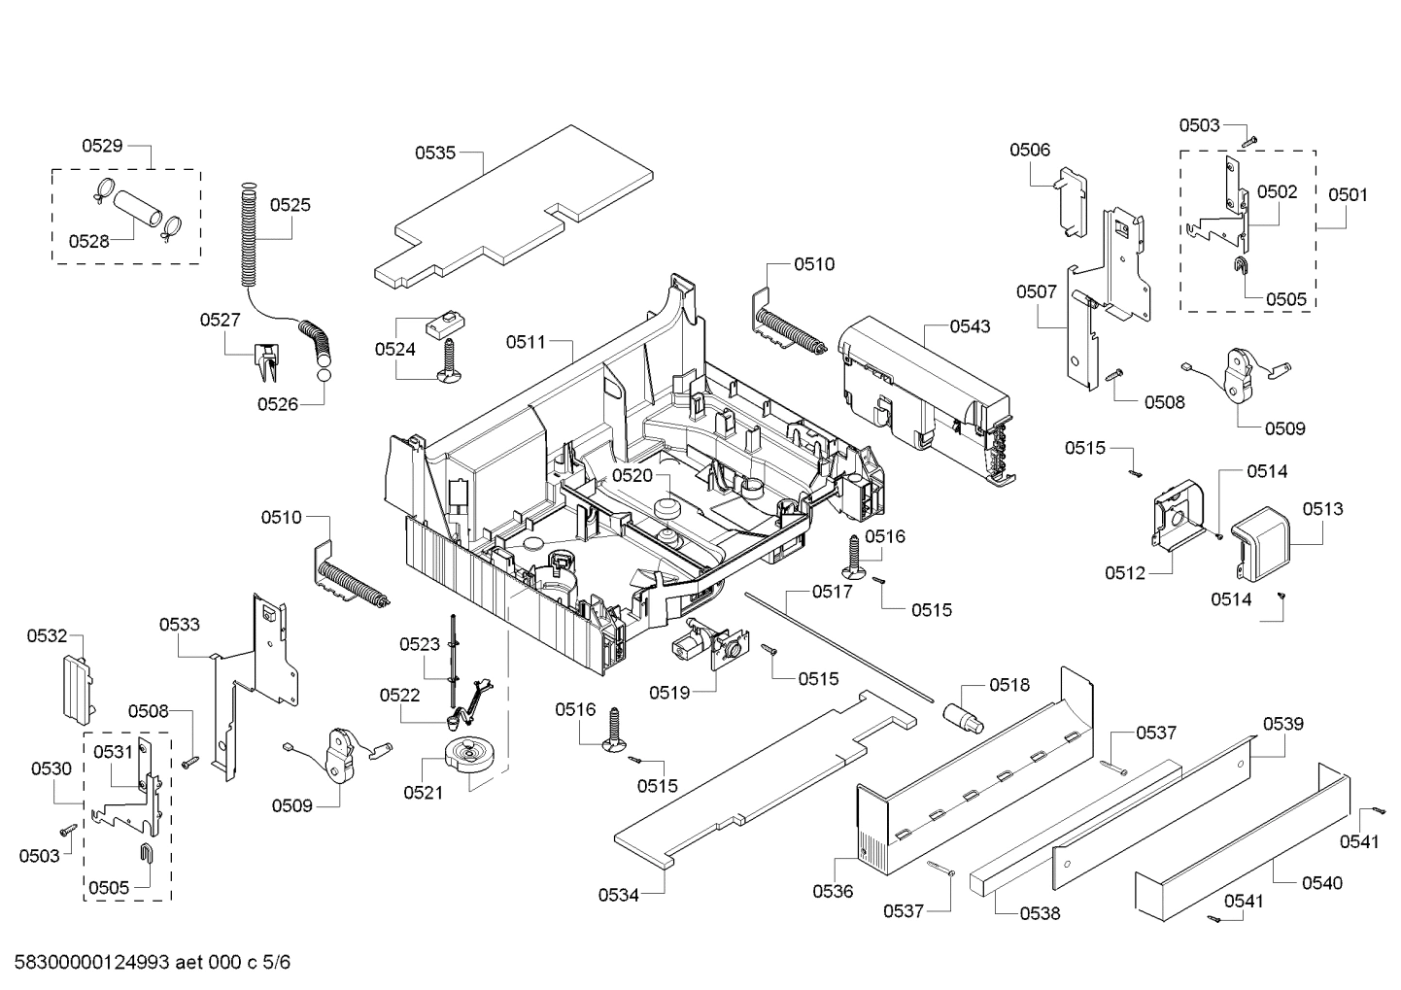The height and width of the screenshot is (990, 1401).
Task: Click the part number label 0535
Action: pos(435,153)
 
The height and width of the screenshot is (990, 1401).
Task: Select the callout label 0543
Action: pos(970,326)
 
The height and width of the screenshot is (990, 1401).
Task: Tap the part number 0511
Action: pos(526,342)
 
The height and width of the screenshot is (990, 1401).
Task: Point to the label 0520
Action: pos(632,475)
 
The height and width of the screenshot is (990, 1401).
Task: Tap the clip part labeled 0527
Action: pos(266,362)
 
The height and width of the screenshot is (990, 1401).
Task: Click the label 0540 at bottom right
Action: pos(1322,883)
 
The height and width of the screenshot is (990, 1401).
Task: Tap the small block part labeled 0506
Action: pos(1070,199)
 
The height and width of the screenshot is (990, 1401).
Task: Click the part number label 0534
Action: pos(619,895)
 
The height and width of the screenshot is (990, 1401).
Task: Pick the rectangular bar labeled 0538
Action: pos(1069,826)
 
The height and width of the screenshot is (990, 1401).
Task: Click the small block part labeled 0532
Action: pos(78,687)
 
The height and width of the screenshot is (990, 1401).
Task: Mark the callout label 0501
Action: pos(1348,194)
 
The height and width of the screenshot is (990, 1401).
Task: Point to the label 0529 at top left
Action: pos(102,146)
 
